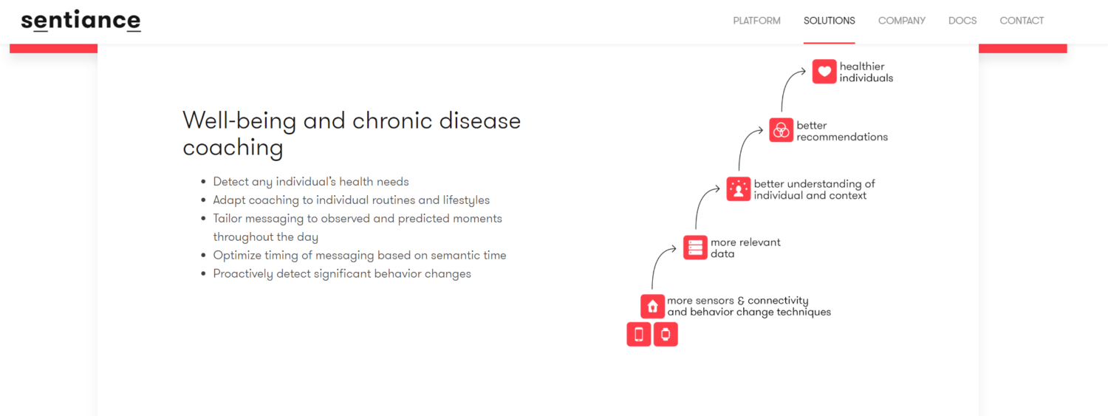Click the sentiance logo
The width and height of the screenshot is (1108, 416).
click(81, 21)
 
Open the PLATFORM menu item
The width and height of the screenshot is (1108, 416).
click(756, 21)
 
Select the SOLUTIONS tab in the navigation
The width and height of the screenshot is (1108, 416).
click(829, 21)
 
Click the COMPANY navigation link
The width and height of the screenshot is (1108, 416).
click(901, 21)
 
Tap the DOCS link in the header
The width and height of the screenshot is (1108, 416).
click(962, 21)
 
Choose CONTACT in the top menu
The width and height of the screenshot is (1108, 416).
click(1022, 21)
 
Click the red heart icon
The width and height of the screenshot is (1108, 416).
click(824, 72)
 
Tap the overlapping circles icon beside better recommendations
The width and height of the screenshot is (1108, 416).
click(781, 130)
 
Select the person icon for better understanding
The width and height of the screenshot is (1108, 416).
click(738, 189)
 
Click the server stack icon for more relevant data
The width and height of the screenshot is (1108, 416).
click(695, 248)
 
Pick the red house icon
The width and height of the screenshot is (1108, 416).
click(652, 306)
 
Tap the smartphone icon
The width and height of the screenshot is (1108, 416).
click(639, 335)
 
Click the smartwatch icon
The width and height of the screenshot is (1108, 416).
click(666, 335)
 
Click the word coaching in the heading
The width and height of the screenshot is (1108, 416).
click(233, 148)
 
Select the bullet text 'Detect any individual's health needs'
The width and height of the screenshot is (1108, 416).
click(310, 182)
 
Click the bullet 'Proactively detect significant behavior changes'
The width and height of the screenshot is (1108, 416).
click(342, 274)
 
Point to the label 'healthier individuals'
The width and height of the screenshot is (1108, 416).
click(866, 72)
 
